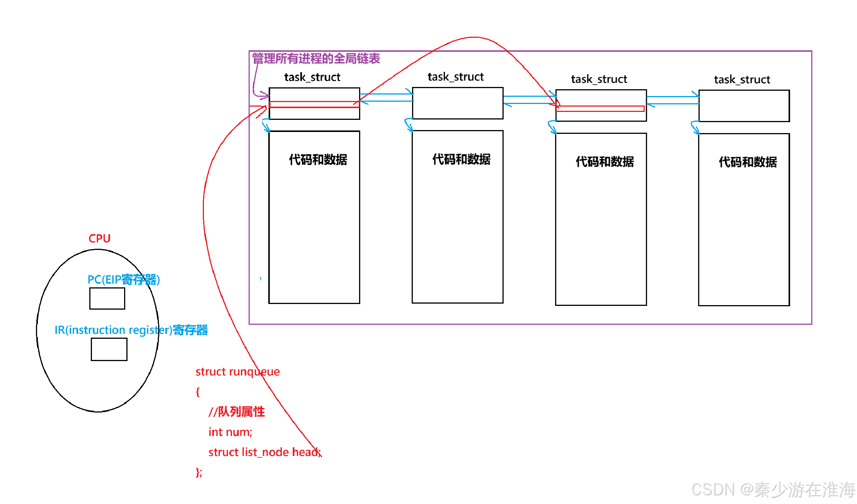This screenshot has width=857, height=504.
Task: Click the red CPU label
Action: pos(100,239)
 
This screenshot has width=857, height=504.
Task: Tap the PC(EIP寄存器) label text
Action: pos(124,280)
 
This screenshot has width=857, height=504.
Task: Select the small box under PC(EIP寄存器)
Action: pos(107,299)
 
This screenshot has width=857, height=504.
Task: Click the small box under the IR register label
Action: pos(109,349)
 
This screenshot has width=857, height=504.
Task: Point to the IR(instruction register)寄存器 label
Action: pos(131,330)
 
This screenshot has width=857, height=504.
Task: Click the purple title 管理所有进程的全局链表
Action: pos(316,59)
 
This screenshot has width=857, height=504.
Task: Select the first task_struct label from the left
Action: pos(312,78)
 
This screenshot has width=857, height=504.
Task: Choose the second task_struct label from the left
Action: pos(456,77)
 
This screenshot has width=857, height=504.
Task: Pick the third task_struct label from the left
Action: pos(599,79)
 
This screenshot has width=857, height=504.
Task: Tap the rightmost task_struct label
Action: pos(742,80)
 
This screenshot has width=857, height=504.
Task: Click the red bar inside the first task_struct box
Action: pos(314,104)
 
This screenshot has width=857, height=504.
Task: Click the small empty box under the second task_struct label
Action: pos(457,103)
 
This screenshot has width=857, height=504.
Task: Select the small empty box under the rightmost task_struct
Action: pos(744,106)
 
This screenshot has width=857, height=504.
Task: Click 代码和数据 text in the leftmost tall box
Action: pos(318,160)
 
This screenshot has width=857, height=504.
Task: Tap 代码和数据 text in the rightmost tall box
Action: pos(748,162)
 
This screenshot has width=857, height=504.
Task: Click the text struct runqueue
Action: pos(238,372)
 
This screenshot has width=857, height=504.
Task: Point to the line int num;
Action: pos(230,432)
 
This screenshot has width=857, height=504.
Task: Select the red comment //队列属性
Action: pos(236,412)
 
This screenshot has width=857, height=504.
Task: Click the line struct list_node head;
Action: pos(264,452)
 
